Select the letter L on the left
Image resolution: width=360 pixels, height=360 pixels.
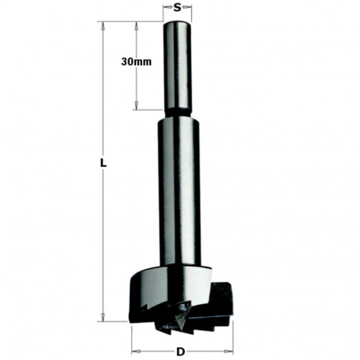pos(103,163)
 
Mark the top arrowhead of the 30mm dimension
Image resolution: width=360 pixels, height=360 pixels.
pos(138,24)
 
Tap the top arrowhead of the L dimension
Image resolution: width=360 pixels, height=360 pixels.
pos(103,24)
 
